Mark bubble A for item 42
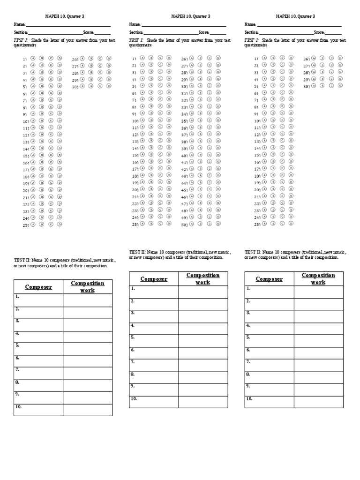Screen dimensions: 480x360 tap(192, 169)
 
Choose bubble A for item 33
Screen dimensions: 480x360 tap(192, 107)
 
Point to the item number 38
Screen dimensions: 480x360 tap(184, 142)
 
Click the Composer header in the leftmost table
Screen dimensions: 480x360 tap(38, 287)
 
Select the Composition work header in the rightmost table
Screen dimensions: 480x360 tap(318, 278)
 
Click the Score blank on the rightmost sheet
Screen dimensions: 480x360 tap(333, 32)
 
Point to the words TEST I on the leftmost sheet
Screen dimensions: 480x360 tap(21, 41)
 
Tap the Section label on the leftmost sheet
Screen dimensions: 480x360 tap(21, 32)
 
